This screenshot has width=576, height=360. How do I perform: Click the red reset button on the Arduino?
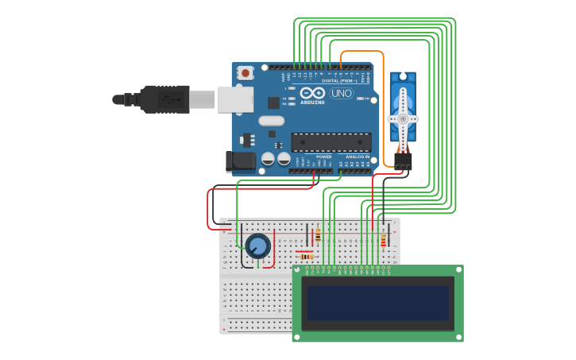245,73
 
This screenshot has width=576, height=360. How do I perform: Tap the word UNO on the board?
342,93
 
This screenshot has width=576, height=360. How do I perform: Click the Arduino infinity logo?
312,93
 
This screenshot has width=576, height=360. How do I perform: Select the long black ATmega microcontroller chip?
331,142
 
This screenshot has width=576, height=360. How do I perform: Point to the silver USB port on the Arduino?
235,99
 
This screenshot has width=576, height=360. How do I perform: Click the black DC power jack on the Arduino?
239,162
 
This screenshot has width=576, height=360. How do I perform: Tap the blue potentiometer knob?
257,246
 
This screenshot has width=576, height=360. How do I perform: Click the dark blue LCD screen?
377,303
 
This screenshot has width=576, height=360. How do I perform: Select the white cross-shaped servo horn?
403,118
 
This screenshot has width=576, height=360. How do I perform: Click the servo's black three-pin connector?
404,162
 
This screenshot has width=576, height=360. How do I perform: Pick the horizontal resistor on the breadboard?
306,257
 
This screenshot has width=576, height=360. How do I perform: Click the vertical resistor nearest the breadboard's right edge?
383,240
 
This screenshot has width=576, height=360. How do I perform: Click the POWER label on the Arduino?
324,157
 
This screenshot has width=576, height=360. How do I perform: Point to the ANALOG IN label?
357,157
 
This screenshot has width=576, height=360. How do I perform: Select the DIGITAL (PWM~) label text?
337,80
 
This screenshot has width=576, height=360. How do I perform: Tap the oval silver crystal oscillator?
270,122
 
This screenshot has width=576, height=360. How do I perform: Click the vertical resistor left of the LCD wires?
319,235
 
